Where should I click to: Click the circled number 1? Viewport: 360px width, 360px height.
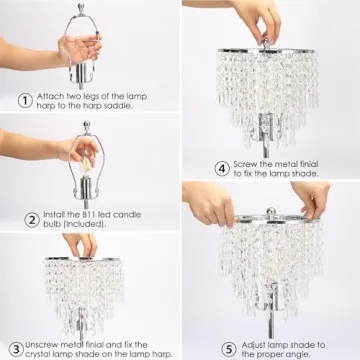coord(25,99)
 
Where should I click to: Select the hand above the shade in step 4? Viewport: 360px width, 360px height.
coord(260,15)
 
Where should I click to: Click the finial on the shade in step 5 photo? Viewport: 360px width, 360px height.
coord(270,212)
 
